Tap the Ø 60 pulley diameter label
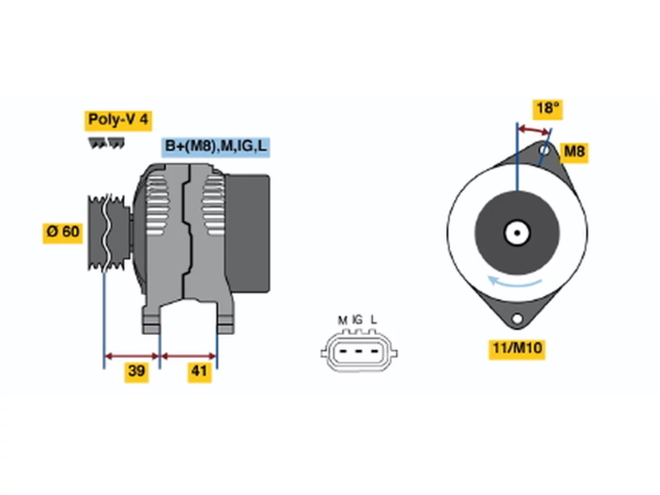click(x=62, y=233)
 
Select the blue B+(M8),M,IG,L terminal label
click(x=216, y=147)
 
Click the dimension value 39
click(x=136, y=372)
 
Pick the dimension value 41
click(x=200, y=372)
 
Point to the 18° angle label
click(x=547, y=109)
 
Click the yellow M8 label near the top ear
click(x=574, y=153)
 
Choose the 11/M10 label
click(x=516, y=349)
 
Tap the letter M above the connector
click(x=342, y=321)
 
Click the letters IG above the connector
click(x=357, y=320)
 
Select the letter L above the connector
click(x=373, y=320)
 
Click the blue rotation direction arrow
click(x=514, y=283)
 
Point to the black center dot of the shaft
click(x=517, y=233)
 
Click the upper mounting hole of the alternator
click(x=543, y=150)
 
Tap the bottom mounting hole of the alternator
click(x=517, y=318)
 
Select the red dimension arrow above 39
click(x=131, y=356)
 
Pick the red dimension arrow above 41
click(x=189, y=356)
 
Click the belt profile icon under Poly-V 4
click(x=106, y=143)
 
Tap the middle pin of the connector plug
click(x=358, y=351)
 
